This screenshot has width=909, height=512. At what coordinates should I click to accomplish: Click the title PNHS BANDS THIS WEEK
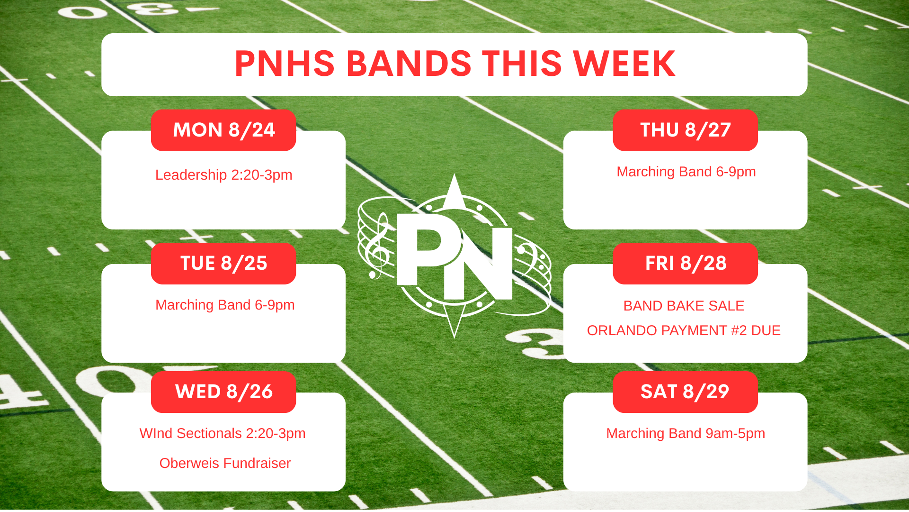454,64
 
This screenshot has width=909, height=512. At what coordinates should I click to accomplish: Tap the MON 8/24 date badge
223,130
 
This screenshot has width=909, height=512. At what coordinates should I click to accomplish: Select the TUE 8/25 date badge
223,264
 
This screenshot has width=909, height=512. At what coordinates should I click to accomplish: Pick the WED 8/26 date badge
223,392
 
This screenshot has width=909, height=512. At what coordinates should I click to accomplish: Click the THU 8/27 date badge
685,130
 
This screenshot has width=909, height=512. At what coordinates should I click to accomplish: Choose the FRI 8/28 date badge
685,264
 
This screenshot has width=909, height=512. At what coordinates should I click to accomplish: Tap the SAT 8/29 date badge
685,392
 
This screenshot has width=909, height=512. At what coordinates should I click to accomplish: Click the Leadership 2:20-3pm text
224,175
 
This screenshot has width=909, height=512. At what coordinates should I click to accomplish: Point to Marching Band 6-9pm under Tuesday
225,305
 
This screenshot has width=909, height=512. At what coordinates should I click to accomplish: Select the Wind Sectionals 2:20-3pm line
223,433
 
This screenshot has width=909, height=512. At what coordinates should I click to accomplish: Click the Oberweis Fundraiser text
225,463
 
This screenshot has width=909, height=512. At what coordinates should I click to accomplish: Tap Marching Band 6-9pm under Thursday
686,172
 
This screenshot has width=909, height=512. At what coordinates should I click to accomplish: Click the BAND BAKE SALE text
684,306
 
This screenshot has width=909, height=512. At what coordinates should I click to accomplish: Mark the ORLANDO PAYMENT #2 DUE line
684,330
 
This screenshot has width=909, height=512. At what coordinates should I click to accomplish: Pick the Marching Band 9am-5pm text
686,433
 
